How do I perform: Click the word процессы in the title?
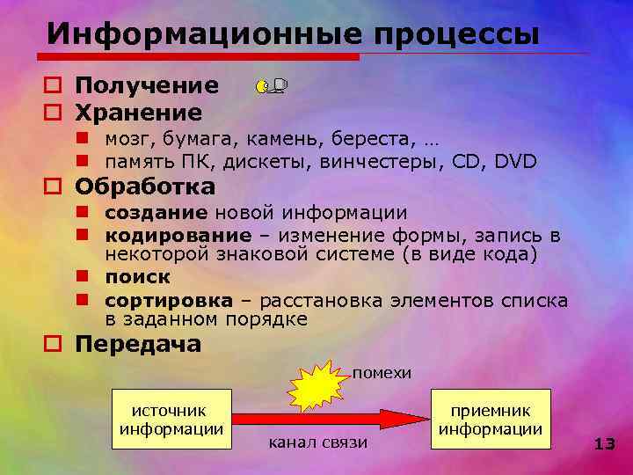point(456,35)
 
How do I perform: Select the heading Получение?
point(147,86)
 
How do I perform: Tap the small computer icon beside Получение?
point(272,86)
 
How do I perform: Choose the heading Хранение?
point(139,113)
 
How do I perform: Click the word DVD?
point(516,162)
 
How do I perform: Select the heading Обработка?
point(145,187)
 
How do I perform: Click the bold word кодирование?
point(178,235)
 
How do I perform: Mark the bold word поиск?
point(137,277)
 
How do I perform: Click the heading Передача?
point(138,344)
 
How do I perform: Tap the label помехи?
point(382,373)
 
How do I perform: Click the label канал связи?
point(317,442)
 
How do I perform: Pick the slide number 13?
point(604,444)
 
